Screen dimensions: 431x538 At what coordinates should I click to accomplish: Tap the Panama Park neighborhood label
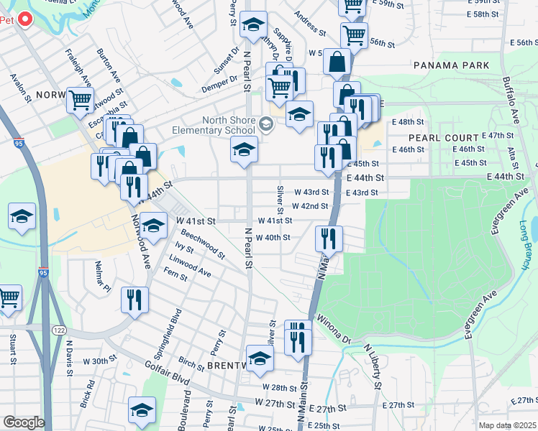[x=452, y=65]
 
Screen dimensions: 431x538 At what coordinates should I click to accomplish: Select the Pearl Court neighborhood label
[x=443, y=137]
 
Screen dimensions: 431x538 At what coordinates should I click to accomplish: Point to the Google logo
[x=23, y=422]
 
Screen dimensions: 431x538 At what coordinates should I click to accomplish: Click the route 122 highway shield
[x=58, y=328]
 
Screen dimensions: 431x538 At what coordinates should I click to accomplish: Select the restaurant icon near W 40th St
[x=329, y=237]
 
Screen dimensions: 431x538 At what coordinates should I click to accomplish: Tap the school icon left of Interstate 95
[x=22, y=215]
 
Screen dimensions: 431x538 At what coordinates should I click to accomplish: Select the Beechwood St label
[x=202, y=244]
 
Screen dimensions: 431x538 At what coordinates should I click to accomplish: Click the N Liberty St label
[x=373, y=366]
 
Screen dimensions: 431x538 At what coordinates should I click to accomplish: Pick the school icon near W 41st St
[x=152, y=226]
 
